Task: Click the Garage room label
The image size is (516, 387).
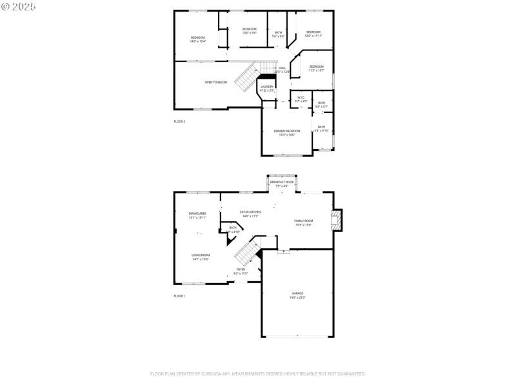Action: (297, 293)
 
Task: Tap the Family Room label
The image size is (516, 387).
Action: (303, 221)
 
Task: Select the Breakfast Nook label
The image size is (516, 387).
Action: (282, 183)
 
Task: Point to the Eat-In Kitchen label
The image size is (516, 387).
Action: (250, 212)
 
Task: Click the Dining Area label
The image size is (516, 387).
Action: (197, 214)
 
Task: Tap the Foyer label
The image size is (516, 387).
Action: (241, 270)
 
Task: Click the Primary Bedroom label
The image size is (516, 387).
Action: (286, 132)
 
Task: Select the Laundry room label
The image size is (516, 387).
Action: (267, 87)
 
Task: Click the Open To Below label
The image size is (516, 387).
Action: (216, 83)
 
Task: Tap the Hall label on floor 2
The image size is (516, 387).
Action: (282, 68)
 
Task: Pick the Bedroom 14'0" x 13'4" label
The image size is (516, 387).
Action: (197, 38)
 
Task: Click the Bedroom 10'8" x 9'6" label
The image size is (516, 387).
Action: (249, 30)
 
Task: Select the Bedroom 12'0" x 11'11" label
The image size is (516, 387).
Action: (313, 33)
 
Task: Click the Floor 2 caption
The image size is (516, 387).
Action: (179, 121)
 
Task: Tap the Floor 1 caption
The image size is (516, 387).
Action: (179, 295)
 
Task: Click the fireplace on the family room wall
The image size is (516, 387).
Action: (336, 220)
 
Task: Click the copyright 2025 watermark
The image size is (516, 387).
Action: (19, 6)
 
